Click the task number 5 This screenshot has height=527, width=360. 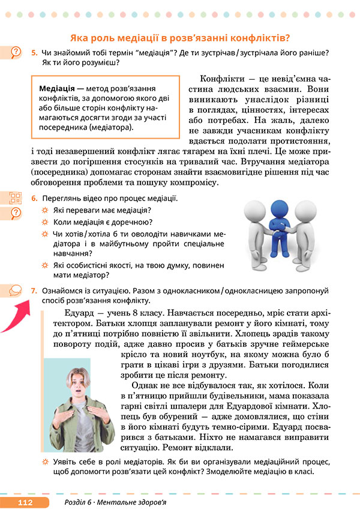(34, 53)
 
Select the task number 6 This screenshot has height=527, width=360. (34, 199)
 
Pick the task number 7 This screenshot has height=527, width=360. (34, 291)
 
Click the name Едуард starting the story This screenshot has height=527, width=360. (80, 313)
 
